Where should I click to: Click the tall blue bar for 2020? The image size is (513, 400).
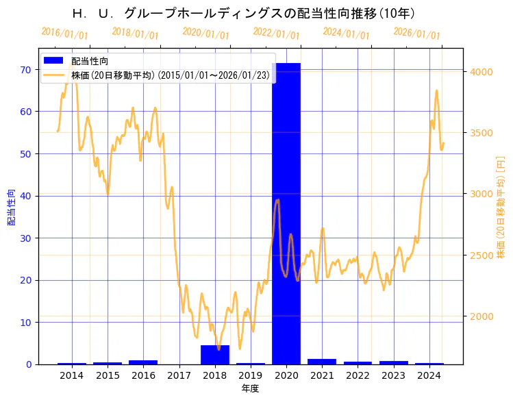point(286,212)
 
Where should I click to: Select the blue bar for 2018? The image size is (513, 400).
point(214,355)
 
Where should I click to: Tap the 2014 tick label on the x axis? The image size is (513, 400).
point(72,375)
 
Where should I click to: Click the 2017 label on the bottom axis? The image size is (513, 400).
point(179,375)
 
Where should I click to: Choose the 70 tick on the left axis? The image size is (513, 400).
point(26,69)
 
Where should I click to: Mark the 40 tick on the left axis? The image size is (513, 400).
point(26,196)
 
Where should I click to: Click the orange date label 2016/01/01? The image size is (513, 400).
point(64,34)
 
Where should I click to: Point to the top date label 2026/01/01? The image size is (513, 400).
point(416,34)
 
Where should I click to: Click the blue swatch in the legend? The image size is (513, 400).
point(54,61)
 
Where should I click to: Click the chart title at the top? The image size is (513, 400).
point(244,13)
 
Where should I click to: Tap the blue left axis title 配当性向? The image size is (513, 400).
point(11,207)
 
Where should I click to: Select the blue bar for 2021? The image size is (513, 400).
point(322,361)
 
